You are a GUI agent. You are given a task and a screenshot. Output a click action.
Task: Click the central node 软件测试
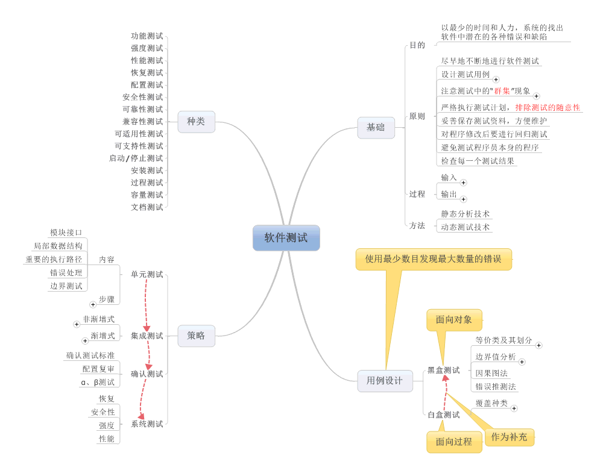286,237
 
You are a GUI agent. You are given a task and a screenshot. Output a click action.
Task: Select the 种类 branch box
196,122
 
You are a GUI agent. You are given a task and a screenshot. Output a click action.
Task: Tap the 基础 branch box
376,128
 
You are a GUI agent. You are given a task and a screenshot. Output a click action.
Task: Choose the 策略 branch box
196,336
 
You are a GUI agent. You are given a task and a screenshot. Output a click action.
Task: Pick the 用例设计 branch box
385,381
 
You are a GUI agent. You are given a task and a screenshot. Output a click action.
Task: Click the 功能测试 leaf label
147,36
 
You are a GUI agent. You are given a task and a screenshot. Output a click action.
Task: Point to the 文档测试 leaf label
147,207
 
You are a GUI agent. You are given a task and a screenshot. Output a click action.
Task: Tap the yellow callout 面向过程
454,442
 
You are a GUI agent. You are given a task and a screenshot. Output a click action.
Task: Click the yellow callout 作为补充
509,437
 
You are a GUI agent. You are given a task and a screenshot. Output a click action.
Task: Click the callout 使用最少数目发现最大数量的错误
433,259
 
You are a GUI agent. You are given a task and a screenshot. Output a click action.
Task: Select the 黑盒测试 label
443,370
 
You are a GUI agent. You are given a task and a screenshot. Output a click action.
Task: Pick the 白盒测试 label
443,415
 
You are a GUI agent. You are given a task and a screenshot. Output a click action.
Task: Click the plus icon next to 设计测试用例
496,79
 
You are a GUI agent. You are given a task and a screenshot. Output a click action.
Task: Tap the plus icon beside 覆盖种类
514,408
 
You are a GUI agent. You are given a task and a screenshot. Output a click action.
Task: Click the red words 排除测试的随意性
548,107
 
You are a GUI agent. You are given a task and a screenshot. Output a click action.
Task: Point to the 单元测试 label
147,274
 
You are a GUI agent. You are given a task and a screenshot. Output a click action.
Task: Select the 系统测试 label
147,424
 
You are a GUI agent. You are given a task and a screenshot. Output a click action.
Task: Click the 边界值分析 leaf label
496,357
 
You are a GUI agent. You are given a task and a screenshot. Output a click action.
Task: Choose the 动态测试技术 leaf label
465,227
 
